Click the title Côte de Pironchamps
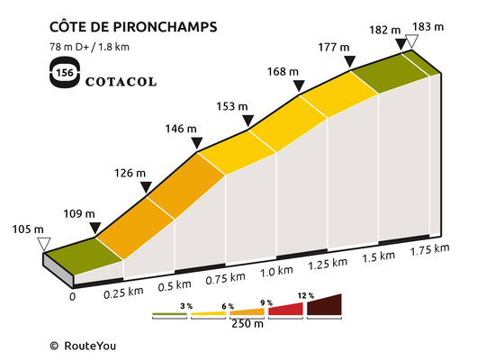coord(133,26)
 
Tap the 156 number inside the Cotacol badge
coord(65,73)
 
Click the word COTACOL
coord(121,82)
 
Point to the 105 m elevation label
coord(28,229)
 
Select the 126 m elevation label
coord(130,173)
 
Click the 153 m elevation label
coord(231,106)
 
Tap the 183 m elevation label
coord(428,27)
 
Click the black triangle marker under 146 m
coord(197,142)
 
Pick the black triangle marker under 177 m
coord(350,61)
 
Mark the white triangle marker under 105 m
coord(44,244)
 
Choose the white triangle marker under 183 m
coord(411,41)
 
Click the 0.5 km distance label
coord(175,286)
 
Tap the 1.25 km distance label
coord(328,264)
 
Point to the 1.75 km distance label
coord(429,249)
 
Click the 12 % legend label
coord(306,296)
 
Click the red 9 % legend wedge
coord(285,310)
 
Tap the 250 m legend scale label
coord(247,324)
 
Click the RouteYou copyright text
coord(83,346)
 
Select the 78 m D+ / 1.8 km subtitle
coord(89,47)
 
